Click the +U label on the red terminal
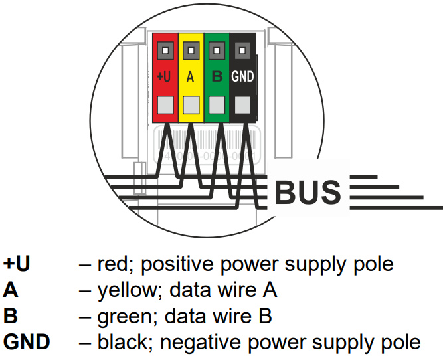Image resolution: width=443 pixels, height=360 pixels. coord(165,76)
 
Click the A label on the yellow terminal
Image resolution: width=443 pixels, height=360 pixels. coord(191,76)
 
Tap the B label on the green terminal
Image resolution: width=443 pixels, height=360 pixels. coord(217,76)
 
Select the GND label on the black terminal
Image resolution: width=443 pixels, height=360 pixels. coord(242,76)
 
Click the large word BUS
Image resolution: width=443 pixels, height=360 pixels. coord(307,193)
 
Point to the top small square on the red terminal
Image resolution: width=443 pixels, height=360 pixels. coord(165,49)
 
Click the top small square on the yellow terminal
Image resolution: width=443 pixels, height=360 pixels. coord(191,49)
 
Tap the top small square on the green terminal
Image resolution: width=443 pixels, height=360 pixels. coord(217,49)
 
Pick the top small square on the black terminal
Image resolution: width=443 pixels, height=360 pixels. coord(243,49)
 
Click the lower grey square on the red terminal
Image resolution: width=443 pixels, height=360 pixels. coord(165,104)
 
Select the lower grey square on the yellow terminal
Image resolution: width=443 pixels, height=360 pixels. coord(191,104)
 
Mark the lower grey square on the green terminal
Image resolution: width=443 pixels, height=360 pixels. coord(217,104)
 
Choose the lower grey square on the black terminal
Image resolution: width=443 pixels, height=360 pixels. coord(243,104)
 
